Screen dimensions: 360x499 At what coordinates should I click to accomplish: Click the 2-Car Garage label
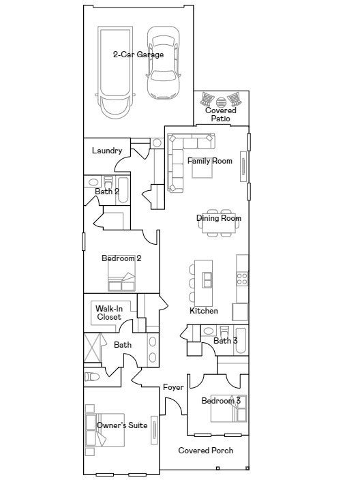138,55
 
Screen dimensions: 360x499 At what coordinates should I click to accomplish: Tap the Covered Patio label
221,115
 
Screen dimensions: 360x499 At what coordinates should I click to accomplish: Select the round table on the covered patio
220,102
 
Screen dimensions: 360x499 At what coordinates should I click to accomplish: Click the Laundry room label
107,151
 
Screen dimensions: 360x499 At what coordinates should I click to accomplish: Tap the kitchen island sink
207,280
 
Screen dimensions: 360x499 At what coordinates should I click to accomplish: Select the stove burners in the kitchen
242,278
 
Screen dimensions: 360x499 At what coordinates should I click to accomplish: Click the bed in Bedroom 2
121,277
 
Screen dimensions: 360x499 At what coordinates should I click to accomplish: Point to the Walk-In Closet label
109,312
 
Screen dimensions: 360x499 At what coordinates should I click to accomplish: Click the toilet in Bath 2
108,182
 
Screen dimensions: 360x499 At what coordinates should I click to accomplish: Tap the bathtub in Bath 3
241,340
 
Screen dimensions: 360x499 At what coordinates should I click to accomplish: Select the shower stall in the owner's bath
92,348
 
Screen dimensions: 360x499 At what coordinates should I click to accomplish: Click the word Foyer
173,387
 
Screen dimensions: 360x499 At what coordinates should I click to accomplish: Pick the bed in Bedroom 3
228,408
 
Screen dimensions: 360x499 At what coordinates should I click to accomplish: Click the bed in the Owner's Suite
105,430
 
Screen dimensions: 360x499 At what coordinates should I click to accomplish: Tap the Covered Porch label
206,451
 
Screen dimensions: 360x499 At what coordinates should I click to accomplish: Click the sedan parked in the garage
163,63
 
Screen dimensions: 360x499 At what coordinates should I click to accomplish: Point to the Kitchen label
204,311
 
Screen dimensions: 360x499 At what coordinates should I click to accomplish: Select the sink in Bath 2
93,182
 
